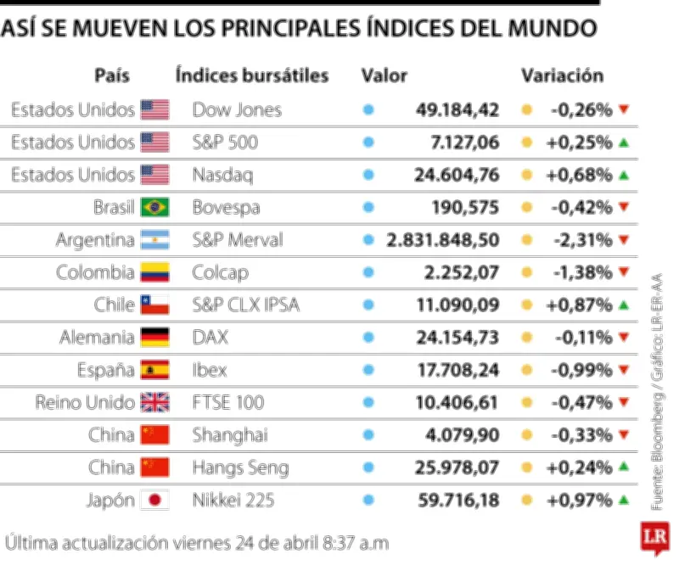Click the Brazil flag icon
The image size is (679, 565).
(154, 207)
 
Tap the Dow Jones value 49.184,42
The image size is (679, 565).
(457, 109)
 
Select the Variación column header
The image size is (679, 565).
(562, 76)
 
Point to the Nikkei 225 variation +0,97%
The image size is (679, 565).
(580, 501)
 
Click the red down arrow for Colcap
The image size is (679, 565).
(624, 272)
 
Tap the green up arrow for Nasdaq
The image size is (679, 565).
(624, 175)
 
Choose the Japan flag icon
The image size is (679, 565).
(154, 501)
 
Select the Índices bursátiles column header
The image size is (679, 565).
(252, 76)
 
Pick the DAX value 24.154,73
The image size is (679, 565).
(457, 338)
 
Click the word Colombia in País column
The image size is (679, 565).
(95, 272)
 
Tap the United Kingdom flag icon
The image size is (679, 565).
(154, 403)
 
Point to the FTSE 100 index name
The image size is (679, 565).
(228, 403)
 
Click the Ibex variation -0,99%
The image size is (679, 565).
(581, 370)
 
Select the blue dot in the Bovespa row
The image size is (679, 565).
(368, 207)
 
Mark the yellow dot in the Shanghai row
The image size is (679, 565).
(527, 435)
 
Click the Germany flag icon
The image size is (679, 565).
(154, 338)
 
